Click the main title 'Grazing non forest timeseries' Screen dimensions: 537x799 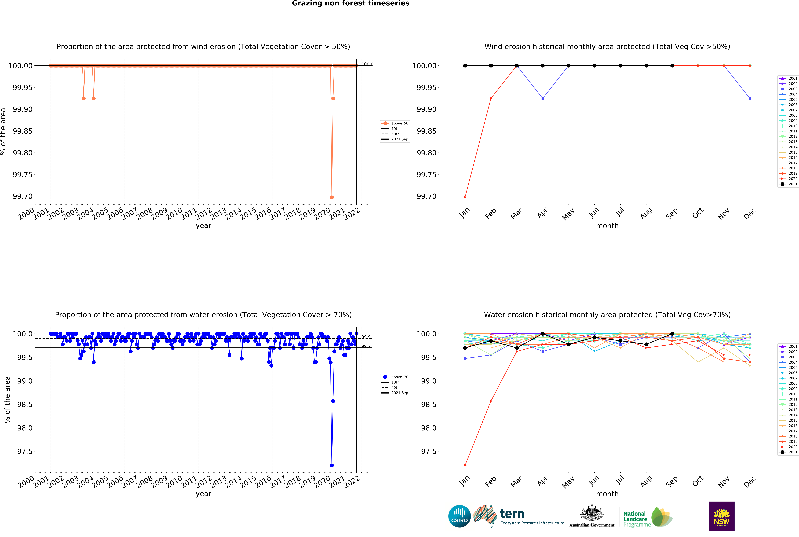tap(350, 3)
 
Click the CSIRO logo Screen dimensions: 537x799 tap(459, 516)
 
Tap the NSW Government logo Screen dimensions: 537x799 tap(721, 516)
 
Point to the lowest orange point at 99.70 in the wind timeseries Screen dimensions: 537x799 tap(332, 197)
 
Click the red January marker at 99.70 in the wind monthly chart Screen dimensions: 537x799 tap(465, 197)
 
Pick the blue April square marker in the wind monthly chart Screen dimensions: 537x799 tap(542, 98)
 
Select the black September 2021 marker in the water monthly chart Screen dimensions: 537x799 tap(672, 334)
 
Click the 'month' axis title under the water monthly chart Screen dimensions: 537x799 tap(607, 494)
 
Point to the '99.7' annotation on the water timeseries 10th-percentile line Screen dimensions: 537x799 tap(366, 346)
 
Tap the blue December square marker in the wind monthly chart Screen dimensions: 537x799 tap(750, 98)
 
